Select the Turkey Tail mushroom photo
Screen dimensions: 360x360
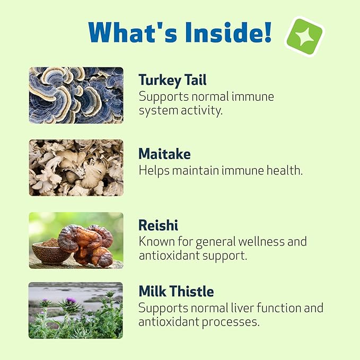point(76,95)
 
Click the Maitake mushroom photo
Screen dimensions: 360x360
point(76,168)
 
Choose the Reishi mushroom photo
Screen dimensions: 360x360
point(76,240)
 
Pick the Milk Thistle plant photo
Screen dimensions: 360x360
point(76,310)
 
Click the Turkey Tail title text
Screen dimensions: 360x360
point(172,80)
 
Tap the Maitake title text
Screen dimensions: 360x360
point(164,154)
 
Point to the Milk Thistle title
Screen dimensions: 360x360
point(176,291)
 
